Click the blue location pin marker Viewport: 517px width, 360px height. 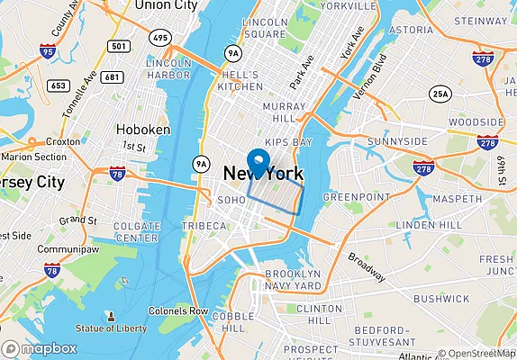pos(259,163)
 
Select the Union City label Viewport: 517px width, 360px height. pos(165,5)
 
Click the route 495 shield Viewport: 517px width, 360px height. pos(160,37)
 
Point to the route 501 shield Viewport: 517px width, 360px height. pos(116,46)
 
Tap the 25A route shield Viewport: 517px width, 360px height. pos(440,94)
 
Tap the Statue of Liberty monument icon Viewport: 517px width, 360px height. pos(111,317)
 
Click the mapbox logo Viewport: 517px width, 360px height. pos(39,349)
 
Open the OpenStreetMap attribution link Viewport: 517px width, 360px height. pos(477,354)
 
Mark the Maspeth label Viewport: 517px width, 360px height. pos(458,198)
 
